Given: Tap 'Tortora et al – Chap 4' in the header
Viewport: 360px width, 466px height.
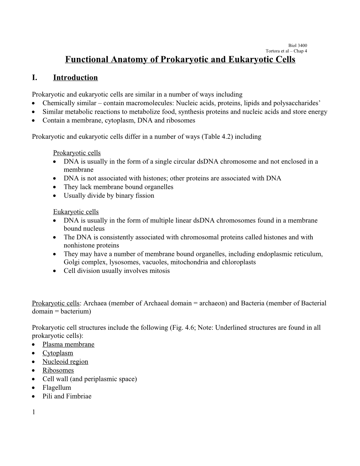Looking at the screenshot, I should pyautogui.click(x=286, y=51).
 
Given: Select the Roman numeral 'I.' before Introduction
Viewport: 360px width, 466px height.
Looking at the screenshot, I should pyautogui.click(x=35, y=78).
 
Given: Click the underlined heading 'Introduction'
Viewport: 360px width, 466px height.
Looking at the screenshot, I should pyautogui.click(x=75, y=78).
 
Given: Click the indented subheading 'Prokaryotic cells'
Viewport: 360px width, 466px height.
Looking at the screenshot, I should pyautogui.click(x=77, y=153).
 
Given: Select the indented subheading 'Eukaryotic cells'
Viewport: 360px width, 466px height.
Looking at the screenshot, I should pyautogui.click(x=76, y=212).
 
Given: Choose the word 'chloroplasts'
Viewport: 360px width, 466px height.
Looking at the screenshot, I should pyautogui.click(x=238, y=262).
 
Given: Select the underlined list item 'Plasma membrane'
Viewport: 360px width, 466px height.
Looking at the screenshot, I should pyautogui.click(x=68, y=345).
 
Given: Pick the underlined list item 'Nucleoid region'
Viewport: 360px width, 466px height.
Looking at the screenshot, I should pyautogui.click(x=65, y=362).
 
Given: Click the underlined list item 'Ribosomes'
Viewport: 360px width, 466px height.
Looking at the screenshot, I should pyautogui.click(x=58, y=370).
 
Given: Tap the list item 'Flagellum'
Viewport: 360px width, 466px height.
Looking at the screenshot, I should pyautogui.click(x=57, y=388).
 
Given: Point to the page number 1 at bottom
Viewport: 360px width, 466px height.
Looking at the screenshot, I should pyautogui.click(x=33, y=412).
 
